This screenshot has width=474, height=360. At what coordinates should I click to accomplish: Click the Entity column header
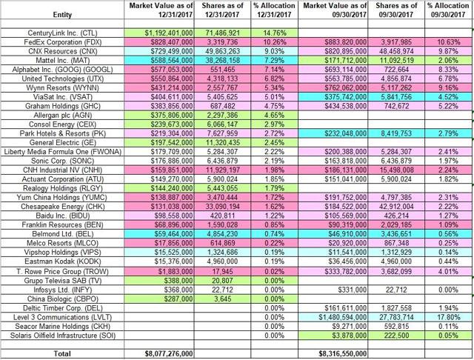click(62, 15)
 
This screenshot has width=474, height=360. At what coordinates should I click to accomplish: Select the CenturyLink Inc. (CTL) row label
click(62, 33)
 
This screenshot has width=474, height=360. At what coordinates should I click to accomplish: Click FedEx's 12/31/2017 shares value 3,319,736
click(222, 42)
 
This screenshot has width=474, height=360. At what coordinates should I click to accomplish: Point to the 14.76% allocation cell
click(274, 33)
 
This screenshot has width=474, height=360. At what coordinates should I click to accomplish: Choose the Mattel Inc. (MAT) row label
click(62, 61)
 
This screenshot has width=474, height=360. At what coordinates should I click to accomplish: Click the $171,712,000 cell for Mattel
click(342, 61)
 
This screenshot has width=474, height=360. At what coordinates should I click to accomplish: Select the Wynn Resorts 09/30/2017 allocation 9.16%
click(450, 87)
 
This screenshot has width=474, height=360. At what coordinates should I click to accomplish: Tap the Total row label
click(62, 353)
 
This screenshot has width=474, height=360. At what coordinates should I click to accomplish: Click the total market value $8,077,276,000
click(169, 353)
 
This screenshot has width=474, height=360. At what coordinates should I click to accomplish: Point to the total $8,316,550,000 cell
click(342, 353)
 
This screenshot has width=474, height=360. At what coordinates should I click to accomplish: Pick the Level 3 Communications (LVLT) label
click(62, 317)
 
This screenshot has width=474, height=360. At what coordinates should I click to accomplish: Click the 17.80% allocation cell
click(450, 317)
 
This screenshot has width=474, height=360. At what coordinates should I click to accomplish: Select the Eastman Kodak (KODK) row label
click(62, 261)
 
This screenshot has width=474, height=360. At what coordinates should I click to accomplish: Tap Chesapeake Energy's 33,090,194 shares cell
click(222, 207)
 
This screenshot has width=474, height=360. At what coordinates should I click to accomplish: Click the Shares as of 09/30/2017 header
click(396, 10)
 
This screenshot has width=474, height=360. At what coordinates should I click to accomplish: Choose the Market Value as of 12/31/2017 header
click(161, 10)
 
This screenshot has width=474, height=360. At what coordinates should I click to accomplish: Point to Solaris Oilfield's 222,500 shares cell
click(396, 336)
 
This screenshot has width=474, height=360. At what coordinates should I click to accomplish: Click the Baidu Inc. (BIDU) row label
click(62, 216)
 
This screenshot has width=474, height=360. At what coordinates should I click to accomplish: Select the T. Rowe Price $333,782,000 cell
click(342, 271)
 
